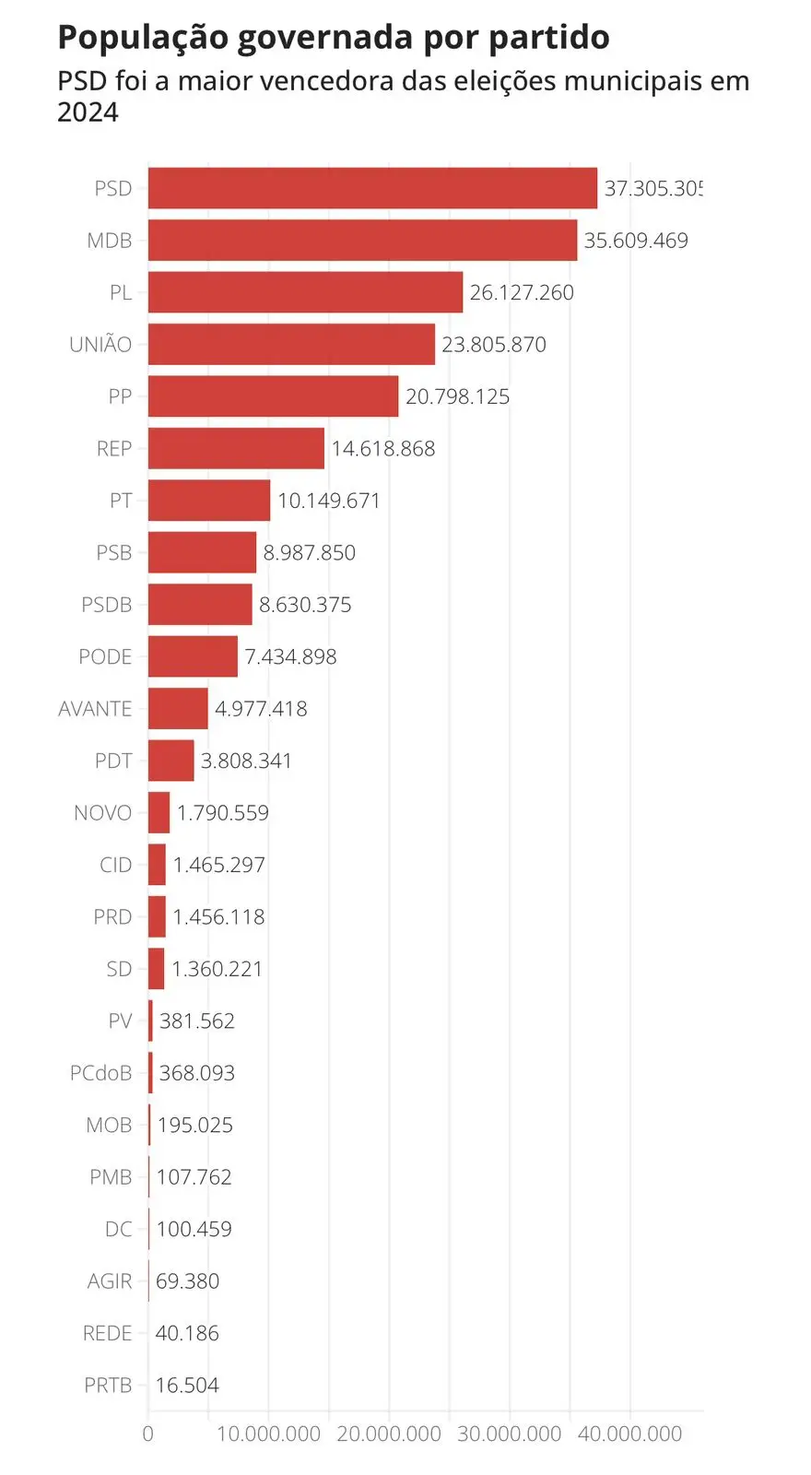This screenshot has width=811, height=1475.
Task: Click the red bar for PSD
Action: [x=372, y=188]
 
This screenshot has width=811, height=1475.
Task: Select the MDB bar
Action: [x=362, y=241]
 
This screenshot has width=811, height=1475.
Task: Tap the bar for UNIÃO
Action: [x=291, y=344]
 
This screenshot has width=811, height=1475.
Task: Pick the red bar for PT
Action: [x=209, y=501]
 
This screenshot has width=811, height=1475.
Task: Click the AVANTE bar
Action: [x=178, y=709]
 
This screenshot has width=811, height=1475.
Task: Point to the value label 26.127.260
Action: [x=522, y=293]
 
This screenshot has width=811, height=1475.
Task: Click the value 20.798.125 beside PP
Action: [x=457, y=397]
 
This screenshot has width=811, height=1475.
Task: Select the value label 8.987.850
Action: [x=309, y=553]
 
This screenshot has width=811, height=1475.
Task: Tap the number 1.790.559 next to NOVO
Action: [x=223, y=813]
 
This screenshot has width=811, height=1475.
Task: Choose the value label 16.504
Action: [x=187, y=1386]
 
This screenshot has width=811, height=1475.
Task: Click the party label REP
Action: [x=114, y=449]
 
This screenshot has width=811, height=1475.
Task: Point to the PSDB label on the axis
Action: [x=107, y=605]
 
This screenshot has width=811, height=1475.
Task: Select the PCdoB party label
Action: [x=100, y=1073]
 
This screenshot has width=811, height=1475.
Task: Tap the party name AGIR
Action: [x=110, y=1281]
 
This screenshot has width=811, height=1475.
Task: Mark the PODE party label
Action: [x=105, y=657]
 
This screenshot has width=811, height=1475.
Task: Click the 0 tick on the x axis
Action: [x=148, y=1434]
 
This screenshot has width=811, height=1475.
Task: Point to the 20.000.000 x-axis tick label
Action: [x=389, y=1434]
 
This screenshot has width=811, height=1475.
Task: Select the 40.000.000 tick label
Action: [x=630, y=1434]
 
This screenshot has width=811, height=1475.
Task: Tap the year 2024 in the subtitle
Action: [x=88, y=112]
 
